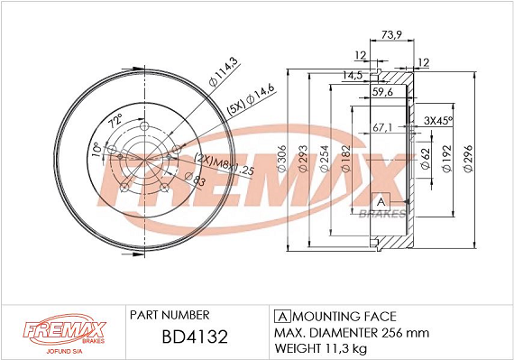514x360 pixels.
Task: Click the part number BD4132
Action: (x=195, y=337)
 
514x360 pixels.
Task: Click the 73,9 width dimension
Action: (x=391, y=34)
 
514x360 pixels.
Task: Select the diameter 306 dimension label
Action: (x=282, y=159)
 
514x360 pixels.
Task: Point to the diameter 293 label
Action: (x=304, y=159)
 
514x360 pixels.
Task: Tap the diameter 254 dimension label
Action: (x=325, y=159)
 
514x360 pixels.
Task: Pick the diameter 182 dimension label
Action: (x=346, y=159)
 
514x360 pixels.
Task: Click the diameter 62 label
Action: (x=425, y=159)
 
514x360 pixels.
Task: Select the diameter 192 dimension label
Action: (x=447, y=159)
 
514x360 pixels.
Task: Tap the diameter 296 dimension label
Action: (x=468, y=159)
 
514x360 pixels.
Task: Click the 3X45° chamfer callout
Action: (x=438, y=120)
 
